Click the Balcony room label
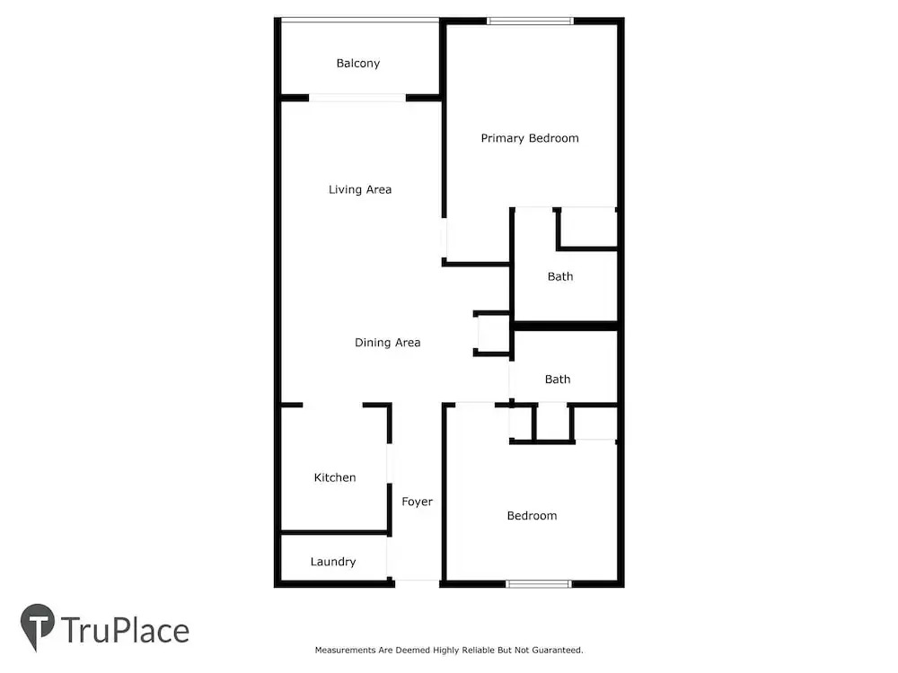pyautogui.click(x=358, y=63)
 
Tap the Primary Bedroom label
pyautogui.click(x=530, y=138)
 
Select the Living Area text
pyautogui.click(x=360, y=189)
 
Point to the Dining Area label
pyautogui.click(x=388, y=342)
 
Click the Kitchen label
pyautogui.click(x=335, y=477)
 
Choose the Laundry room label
pyautogui.click(x=333, y=562)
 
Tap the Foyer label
pyautogui.click(x=417, y=502)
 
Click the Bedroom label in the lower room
pyautogui.click(x=532, y=516)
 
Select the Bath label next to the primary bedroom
pyautogui.click(x=560, y=276)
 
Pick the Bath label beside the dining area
pyautogui.click(x=558, y=379)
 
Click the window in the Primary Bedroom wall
pyautogui.click(x=531, y=22)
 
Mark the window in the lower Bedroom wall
pyautogui.click(x=538, y=584)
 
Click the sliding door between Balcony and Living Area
pyautogui.click(x=357, y=98)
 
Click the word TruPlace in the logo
pyautogui.click(x=125, y=630)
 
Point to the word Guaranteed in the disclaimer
pyautogui.click(x=558, y=650)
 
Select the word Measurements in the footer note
pyautogui.click(x=346, y=650)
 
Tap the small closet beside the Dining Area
pyautogui.click(x=493, y=334)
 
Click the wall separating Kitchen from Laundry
pyautogui.click(x=334, y=532)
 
